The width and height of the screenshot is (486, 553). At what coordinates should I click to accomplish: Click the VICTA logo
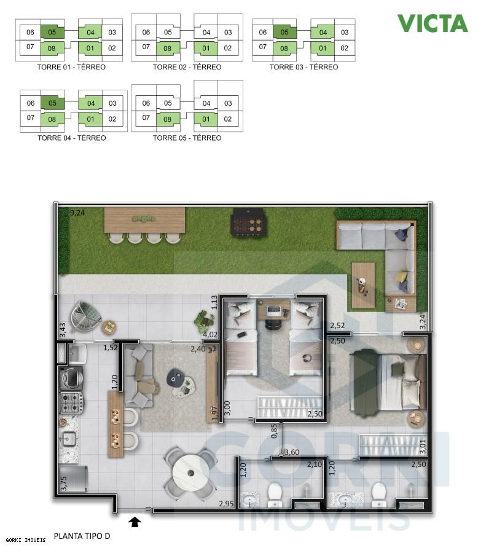point(432,23)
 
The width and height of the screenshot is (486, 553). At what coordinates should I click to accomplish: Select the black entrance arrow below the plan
point(135,522)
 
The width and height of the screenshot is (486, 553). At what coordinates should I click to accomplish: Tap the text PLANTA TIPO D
point(82,536)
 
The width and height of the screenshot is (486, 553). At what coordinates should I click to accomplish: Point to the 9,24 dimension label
point(77,213)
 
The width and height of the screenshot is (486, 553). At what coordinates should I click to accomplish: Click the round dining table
point(190,473)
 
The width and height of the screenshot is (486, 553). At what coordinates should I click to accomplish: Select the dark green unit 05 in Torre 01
point(52,32)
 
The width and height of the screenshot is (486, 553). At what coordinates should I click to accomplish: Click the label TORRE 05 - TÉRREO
point(187,138)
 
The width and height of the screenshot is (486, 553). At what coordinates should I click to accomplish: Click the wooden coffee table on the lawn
point(363,284)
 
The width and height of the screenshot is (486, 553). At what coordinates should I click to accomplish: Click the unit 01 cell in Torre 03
point(323,48)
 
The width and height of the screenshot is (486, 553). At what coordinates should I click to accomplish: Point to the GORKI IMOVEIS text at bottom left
point(26,540)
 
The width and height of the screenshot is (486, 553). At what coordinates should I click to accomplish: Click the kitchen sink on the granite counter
point(68,439)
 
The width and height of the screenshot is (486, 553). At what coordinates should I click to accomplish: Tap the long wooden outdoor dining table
point(145,220)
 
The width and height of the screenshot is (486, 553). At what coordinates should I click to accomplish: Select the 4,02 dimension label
point(211,335)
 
